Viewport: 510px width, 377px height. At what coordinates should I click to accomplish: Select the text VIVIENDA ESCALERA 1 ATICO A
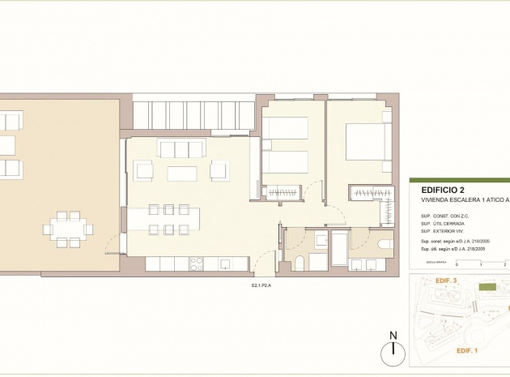tap(465, 199)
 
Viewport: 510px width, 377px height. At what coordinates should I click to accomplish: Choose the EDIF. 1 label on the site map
tap(467, 350)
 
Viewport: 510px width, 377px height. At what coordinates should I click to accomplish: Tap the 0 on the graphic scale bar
tap(456, 264)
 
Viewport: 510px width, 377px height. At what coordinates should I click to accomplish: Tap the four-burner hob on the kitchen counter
tap(197, 263)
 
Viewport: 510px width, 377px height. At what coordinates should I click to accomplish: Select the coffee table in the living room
tap(181, 174)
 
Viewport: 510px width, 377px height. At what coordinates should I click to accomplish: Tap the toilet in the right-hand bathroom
tap(385, 242)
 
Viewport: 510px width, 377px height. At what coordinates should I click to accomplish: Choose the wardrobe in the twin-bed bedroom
tap(283, 193)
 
